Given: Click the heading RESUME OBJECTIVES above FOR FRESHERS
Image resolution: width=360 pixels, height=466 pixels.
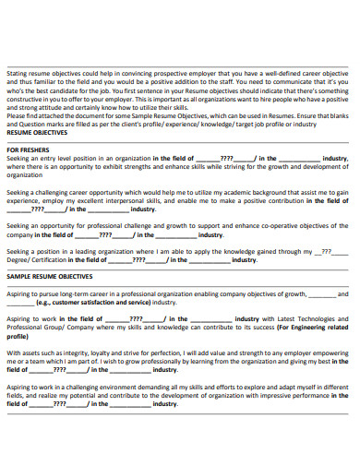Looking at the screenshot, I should pos(37,133).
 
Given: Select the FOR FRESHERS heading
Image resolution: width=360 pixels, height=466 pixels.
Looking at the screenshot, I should pos(28,149).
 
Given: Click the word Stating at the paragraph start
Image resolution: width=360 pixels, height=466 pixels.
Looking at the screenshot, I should pos(18,73).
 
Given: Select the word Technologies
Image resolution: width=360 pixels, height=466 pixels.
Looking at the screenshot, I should pos(323,318).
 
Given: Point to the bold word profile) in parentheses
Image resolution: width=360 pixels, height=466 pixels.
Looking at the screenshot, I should pos(18,335).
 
